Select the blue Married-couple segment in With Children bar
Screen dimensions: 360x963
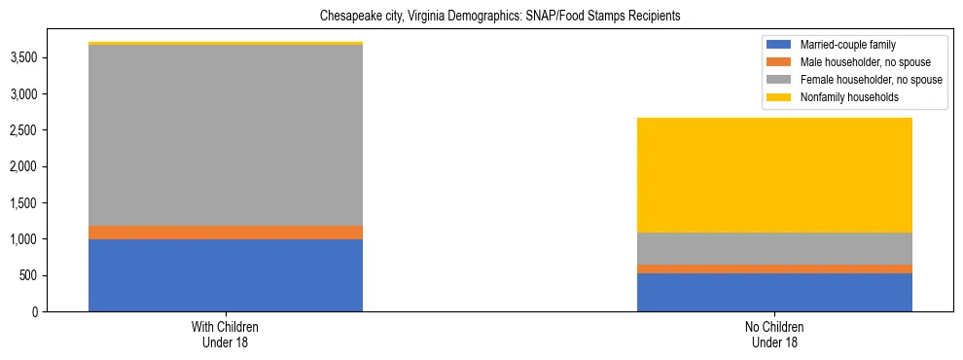pyautogui.click(x=226, y=275)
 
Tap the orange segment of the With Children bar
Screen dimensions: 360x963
pyautogui.click(x=226, y=233)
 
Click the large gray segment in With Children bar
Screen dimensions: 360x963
pyautogui.click(x=226, y=135)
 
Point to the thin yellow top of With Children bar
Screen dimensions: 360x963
pyautogui.click(x=226, y=44)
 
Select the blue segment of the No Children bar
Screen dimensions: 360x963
pyautogui.click(x=774, y=292)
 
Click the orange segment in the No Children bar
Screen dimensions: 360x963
pyautogui.click(x=774, y=269)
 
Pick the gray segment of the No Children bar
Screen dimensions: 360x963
pyautogui.click(x=774, y=248)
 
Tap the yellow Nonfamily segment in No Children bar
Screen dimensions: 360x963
pyautogui.click(x=774, y=175)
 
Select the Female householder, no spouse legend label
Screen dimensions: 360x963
pyautogui.click(x=871, y=80)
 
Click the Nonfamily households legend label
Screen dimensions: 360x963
pyautogui.click(x=848, y=97)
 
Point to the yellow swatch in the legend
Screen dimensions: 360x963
pyautogui.click(x=779, y=97)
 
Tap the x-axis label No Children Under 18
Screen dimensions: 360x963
pyautogui.click(x=773, y=335)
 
